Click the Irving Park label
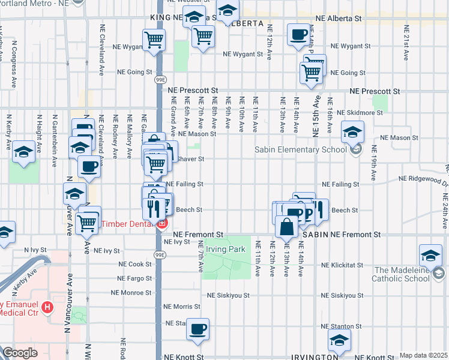(x=226, y=249)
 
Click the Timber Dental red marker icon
(x=161, y=225)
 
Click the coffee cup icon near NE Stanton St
(x=198, y=329)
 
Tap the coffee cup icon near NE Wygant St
(x=298, y=35)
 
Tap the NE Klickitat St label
(x=343, y=265)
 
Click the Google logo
(x=20, y=353)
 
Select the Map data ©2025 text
(x=424, y=355)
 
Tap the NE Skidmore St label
(x=360, y=113)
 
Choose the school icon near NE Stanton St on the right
(x=339, y=341)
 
